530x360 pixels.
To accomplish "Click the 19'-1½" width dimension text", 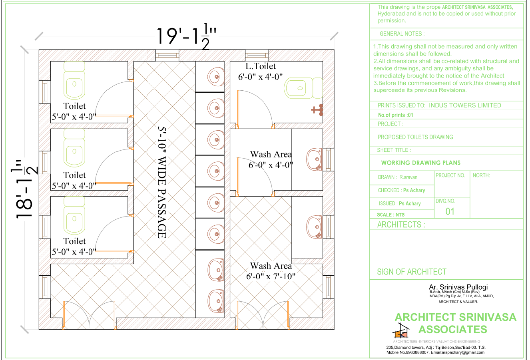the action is click(186, 36).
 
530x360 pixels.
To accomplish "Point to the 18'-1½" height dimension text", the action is click(24, 189).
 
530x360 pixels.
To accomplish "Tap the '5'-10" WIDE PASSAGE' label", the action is click(162, 182).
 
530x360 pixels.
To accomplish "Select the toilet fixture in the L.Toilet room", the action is click(303, 88).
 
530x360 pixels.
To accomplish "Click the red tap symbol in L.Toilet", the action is click(317, 110).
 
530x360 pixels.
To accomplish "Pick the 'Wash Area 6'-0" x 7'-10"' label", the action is click(271, 271).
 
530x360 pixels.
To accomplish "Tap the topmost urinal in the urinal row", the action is click(215, 77).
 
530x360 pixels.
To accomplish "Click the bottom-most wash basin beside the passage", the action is click(216, 301).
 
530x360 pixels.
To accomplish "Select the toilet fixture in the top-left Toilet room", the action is click(74, 80).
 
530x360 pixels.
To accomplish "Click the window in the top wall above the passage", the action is click(167, 56).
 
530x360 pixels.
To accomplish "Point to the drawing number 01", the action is click(450, 211).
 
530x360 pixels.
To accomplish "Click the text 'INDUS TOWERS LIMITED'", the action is click(465, 105).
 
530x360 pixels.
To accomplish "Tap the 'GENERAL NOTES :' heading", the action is click(402, 34).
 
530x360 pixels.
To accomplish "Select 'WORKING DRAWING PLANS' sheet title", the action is click(421, 163).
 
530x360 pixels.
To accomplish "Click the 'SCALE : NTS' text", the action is click(391, 215).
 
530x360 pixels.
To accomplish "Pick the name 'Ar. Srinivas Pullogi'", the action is click(458, 287).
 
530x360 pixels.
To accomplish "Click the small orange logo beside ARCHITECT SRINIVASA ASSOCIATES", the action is click(401, 331).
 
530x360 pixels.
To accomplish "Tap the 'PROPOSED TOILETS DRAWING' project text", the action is click(415, 137).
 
